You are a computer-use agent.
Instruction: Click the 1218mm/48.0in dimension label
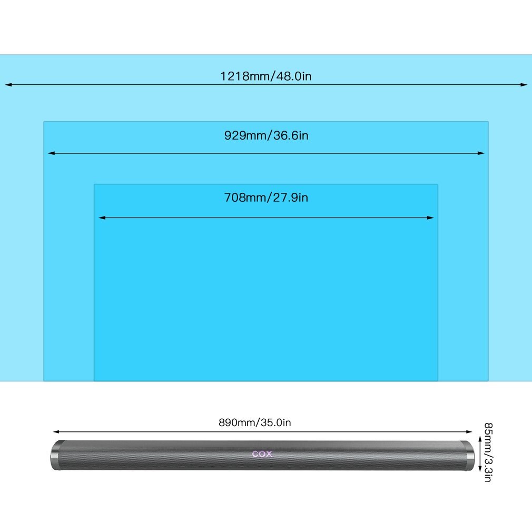click(266, 76)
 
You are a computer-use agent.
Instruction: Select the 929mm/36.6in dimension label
click(266, 135)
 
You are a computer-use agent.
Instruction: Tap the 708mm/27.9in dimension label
click(266, 198)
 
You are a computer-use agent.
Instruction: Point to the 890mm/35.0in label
click(255, 422)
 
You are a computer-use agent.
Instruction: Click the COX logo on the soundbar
click(262, 454)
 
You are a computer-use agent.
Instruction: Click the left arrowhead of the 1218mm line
click(8, 84)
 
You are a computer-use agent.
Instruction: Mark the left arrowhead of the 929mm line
click(51, 153)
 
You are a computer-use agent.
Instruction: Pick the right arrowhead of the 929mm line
click(481, 153)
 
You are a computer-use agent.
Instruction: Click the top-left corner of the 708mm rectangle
click(94, 184)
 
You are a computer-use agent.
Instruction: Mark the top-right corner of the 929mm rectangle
click(488, 122)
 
